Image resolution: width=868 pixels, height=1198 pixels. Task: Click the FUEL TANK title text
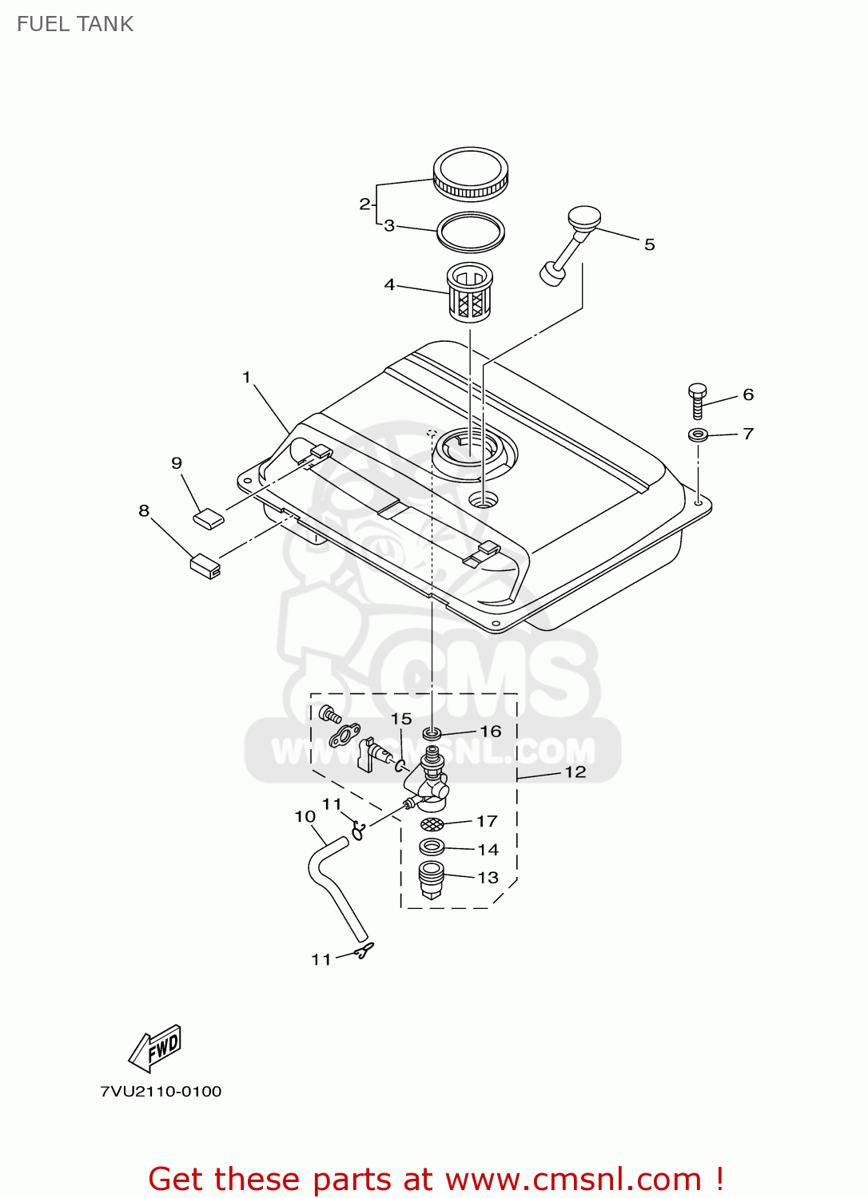pyautogui.click(x=75, y=24)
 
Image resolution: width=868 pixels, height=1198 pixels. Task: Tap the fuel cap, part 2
pyautogui.click(x=470, y=173)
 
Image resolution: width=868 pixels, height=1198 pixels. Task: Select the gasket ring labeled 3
pyautogui.click(x=470, y=231)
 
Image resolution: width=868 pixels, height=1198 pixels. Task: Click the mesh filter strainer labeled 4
pyautogui.click(x=469, y=293)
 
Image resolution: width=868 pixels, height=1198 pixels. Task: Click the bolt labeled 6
pyautogui.click(x=697, y=400)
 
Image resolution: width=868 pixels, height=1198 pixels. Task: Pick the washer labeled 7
pyautogui.click(x=697, y=435)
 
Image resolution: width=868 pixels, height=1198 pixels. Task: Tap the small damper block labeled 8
pyautogui.click(x=205, y=565)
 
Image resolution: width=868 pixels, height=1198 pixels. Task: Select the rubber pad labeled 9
pyautogui.click(x=208, y=518)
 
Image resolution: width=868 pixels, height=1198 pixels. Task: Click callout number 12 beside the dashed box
pyautogui.click(x=575, y=772)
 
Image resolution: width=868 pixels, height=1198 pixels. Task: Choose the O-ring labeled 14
pyautogui.click(x=432, y=847)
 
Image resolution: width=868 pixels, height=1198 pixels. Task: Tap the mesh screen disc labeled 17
pyautogui.click(x=432, y=824)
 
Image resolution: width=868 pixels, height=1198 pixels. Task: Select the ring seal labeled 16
pyautogui.click(x=432, y=732)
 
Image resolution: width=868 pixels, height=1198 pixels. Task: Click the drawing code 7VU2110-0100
pyautogui.click(x=161, y=1092)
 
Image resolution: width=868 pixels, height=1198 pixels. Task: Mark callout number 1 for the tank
pyautogui.click(x=246, y=377)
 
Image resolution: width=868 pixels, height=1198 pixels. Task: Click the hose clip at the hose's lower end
pyautogui.click(x=364, y=950)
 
